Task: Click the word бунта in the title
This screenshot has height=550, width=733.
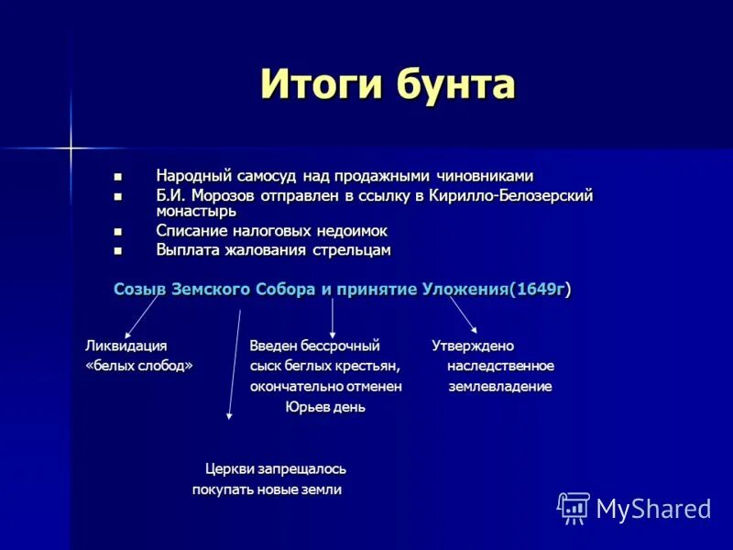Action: pyautogui.click(x=455, y=85)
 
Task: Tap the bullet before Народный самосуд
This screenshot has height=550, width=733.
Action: pyautogui.click(x=116, y=175)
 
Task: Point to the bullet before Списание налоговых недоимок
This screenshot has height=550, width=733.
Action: pyautogui.click(x=116, y=231)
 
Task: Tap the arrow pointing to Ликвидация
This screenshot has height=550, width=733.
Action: pyautogui.click(x=142, y=316)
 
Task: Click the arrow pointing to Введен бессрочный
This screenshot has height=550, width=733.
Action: pyautogui.click(x=332, y=316)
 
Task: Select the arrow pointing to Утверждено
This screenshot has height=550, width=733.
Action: pyautogui.click(x=463, y=316)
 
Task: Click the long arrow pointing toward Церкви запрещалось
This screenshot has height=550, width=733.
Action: pyautogui.click(x=235, y=367)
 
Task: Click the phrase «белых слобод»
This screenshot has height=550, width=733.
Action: pyautogui.click(x=138, y=366)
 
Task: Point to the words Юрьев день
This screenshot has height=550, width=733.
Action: pyautogui.click(x=325, y=407)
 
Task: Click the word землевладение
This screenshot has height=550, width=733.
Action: pyautogui.click(x=499, y=387)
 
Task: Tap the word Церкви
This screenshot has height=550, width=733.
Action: pyautogui.click(x=228, y=469)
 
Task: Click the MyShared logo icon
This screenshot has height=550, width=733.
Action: pyautogui.click(x=574, y=508)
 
